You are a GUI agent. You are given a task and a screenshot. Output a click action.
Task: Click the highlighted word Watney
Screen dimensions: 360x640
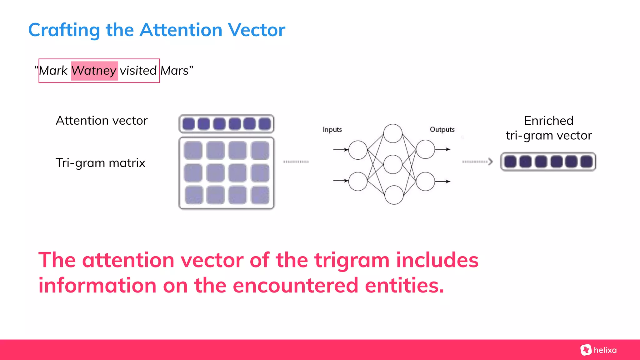tap(94, 71)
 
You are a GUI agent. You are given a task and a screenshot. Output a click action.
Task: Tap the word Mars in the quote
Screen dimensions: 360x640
tap(174, 71)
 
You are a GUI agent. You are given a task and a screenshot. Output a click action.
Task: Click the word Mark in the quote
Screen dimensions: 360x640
tap(53, 71)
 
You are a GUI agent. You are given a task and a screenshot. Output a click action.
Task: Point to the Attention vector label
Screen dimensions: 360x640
tap(102, 121)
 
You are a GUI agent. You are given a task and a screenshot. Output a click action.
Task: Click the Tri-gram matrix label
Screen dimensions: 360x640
tap(100, 163)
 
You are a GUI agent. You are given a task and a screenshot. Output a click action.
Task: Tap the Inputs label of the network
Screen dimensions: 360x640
tap(332, 129)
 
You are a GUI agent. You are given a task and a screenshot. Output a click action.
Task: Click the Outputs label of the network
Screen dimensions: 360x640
tap(442, 129)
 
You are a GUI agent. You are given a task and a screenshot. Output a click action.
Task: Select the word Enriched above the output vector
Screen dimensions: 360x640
tap(549, 121)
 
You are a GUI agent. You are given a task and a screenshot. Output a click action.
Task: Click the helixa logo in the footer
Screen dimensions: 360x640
tap(598, 350)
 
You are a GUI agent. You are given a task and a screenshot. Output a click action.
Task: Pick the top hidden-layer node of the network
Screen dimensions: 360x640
tap(393, 133)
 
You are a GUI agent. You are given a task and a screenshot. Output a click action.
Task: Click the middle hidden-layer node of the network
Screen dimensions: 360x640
tap(393, 164)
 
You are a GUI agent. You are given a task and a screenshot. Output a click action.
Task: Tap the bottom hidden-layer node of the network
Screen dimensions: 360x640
tap(394, 195)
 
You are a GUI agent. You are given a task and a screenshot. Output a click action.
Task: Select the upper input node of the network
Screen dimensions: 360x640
tap(358, 150)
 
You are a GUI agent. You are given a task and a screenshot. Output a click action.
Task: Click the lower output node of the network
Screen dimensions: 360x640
tap(425, 181)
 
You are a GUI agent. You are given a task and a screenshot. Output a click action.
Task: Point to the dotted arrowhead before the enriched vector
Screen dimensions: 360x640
tap(491, 162)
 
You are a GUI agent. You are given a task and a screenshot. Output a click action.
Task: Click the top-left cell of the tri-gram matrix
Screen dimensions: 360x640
tap(193, 150)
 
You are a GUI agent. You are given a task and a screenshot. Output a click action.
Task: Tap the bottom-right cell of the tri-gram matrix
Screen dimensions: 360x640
tap(260, 195)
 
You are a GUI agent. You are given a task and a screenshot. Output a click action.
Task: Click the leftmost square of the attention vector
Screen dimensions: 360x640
tap(188, 124)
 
